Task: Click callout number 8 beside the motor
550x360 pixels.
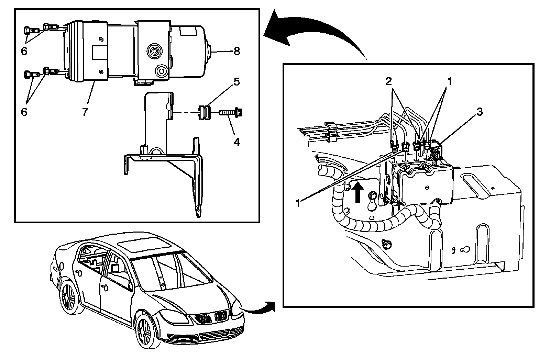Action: [236, 51]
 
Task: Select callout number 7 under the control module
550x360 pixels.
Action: [85, 112]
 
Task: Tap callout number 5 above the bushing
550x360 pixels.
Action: [236, 82]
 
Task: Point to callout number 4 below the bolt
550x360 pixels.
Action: [236, 142]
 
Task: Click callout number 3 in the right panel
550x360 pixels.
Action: [480, 112]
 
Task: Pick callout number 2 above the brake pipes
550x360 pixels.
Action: [388, 81]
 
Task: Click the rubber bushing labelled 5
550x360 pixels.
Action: [204, 112]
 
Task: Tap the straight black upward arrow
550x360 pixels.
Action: [358, 193]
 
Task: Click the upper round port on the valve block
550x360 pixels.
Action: [155, 51]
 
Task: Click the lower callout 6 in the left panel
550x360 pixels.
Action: [24, 112]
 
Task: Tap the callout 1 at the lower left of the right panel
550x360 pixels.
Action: [298, 203]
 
